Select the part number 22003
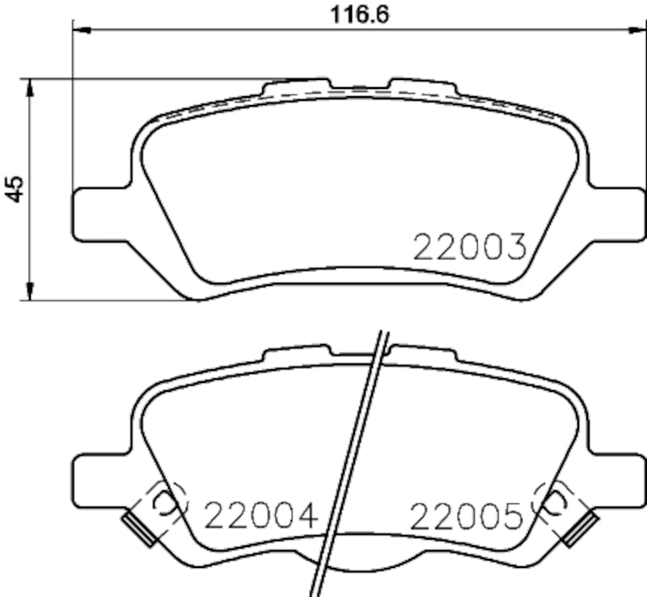[470, 246]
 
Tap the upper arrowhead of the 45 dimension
[30, 87]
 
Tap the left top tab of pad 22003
[298, 84]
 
